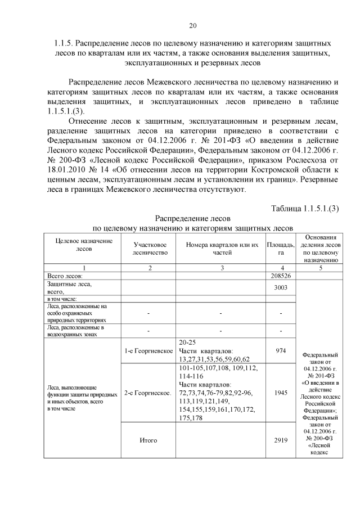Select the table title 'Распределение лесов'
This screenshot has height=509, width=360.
point(192,218)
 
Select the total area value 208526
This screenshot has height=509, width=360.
point(281,276)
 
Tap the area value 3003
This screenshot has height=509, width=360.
point(281,287)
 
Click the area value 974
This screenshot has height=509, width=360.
point(281,350)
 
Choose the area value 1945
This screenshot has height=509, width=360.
point(281,393)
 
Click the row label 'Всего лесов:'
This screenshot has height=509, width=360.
point(65,276)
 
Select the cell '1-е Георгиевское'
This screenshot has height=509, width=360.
point(148,351)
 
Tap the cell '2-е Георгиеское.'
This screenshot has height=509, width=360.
point(148,393)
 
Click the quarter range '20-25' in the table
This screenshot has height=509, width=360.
point(187,342)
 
